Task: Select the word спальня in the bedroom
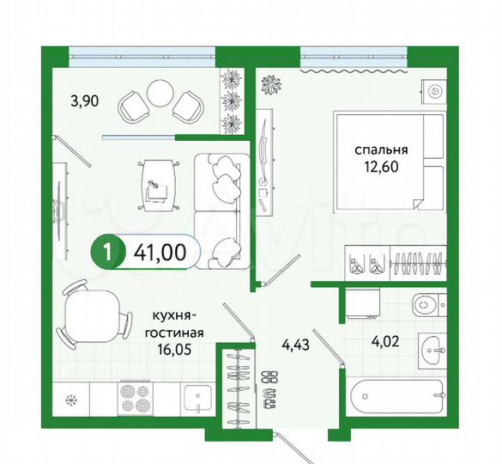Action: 380,148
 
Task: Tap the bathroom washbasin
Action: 432,350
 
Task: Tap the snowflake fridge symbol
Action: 71,400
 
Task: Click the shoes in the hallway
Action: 269,387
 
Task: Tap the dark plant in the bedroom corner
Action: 271,86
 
